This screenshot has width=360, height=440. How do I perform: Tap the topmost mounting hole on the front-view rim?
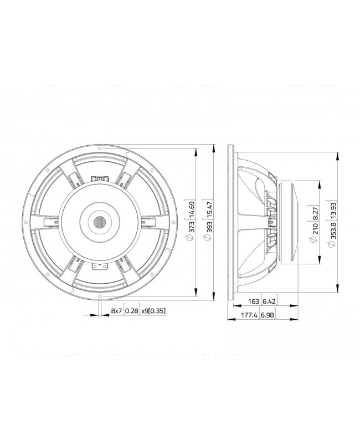[x=100, y=149]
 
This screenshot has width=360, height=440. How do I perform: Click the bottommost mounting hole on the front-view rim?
[x=100, y=297]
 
